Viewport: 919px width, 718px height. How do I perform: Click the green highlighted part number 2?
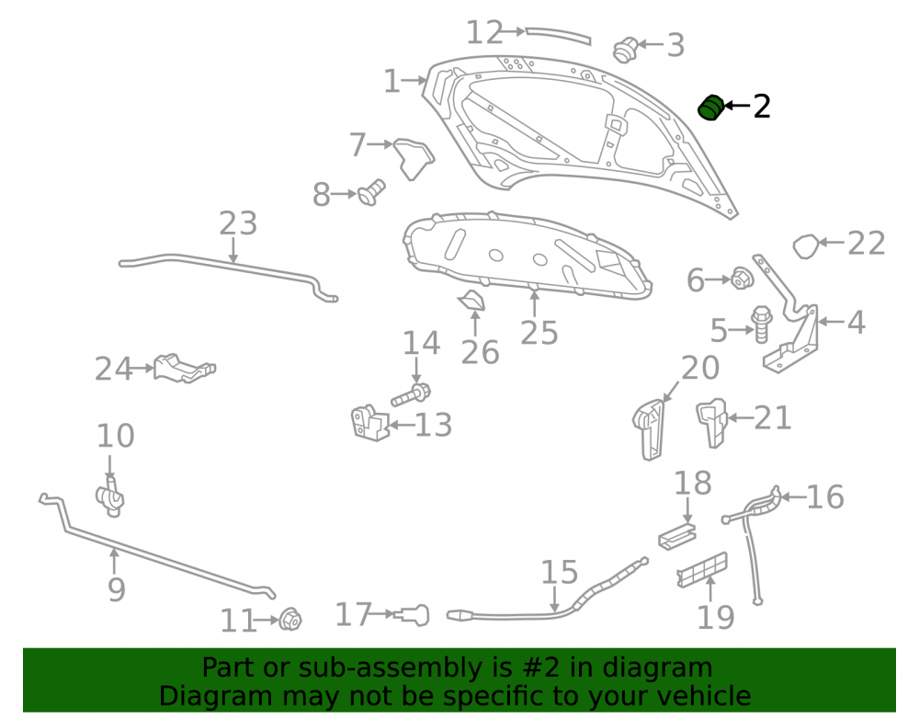click(710, 108)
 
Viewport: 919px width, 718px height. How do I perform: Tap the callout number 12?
click(484, 32)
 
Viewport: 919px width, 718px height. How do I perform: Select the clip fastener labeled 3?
click(625, 50)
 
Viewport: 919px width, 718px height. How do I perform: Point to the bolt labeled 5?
click(761, 325)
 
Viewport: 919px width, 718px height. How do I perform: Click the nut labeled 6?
click(742, 278)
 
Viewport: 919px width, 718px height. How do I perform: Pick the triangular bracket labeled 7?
click(414, 158)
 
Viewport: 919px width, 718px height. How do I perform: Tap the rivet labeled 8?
click(371, 192)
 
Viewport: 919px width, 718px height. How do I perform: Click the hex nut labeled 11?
click(290, 620)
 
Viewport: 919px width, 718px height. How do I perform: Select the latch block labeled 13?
click(369, 422)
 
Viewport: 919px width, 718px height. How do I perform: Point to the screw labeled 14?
click(411, 394)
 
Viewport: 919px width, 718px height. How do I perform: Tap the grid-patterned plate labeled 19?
click(702, 569)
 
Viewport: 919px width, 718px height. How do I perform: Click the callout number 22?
click(867, 243)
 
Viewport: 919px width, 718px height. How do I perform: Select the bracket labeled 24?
click(184, 368)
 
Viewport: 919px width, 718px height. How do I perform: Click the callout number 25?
click(539, 332)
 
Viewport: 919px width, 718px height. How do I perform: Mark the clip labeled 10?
click(110, 497)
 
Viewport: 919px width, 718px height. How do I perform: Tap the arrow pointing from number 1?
click(414, 80)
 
